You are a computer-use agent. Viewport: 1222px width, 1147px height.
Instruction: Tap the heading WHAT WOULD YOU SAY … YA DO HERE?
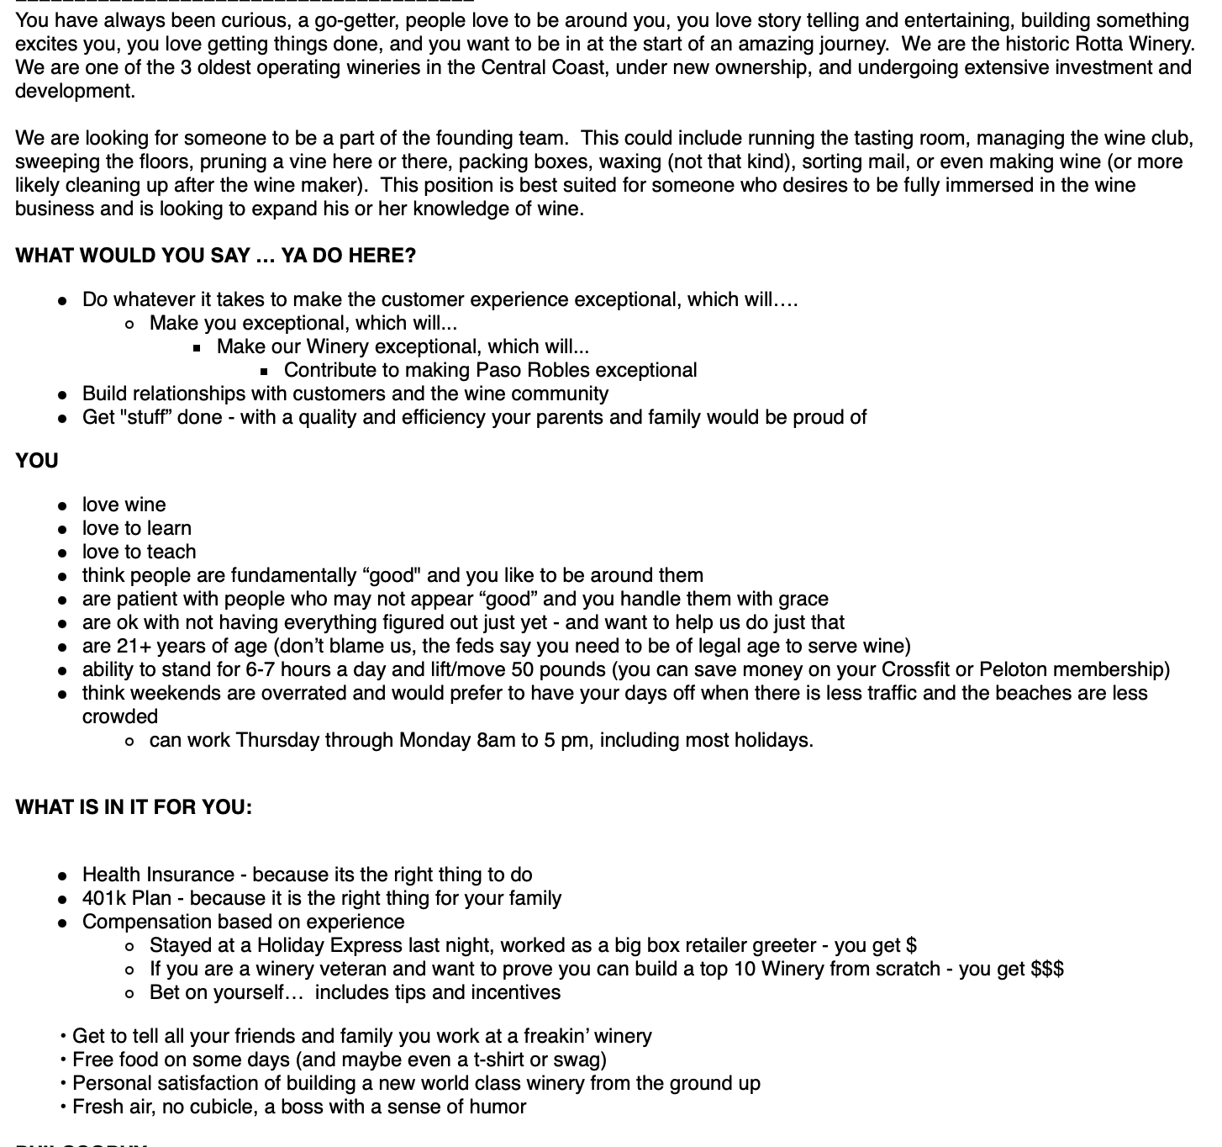[215, 256]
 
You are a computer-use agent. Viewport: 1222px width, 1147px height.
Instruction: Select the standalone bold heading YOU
[37, 461]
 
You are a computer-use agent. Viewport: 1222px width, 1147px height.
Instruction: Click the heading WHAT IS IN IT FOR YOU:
[134, 807]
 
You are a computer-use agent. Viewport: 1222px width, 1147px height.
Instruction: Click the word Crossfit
[915, 669]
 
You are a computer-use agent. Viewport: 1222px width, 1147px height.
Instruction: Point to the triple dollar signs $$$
[1047, 969]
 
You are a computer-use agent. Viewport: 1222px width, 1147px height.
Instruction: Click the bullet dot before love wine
[62, 506]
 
